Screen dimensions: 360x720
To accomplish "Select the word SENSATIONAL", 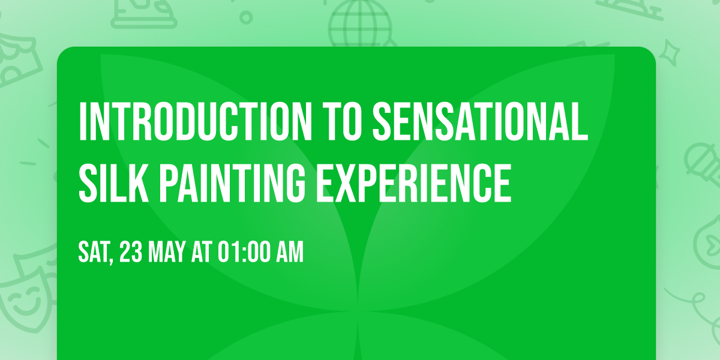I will [x=480, y=122].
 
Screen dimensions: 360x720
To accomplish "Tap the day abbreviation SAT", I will [x=93, y=253].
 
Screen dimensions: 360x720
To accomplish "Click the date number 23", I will [x=131, y=253].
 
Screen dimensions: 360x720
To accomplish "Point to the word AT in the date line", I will [x=203, y=253].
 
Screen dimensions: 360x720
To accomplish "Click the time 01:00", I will [x=244, y=253].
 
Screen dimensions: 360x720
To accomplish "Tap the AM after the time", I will [x=290, y=253].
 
